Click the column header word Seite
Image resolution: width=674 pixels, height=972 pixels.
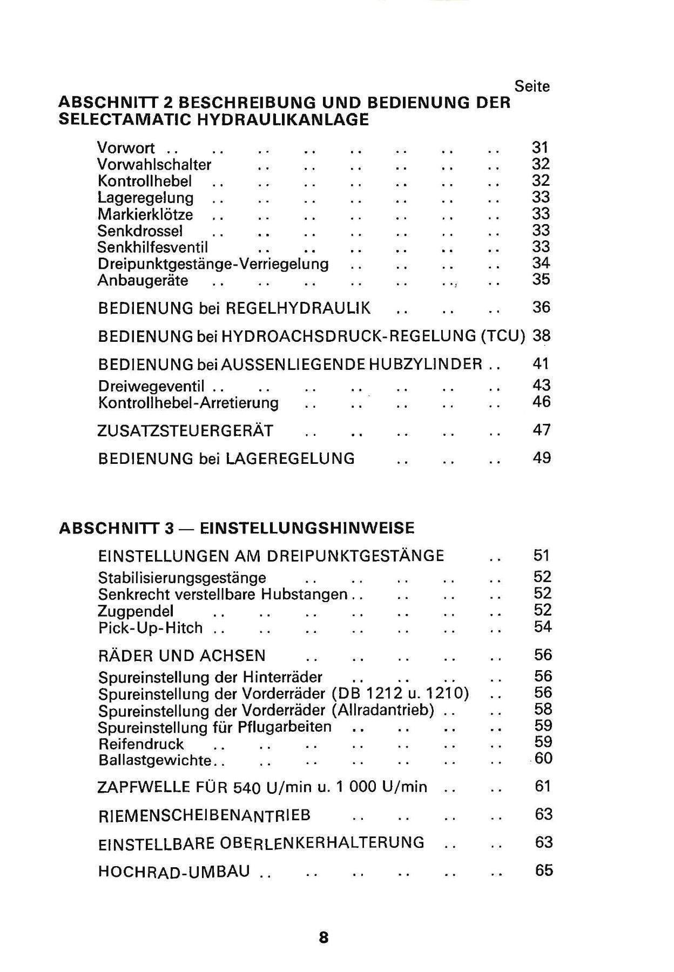tap(532, 86)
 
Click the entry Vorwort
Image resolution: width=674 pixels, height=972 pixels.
tap(126, 148)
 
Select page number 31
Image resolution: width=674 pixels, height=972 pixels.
tap(540, 147)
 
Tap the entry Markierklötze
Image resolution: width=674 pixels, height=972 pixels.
tap(145, 214)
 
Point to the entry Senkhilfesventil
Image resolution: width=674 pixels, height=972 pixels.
tap(152, 247)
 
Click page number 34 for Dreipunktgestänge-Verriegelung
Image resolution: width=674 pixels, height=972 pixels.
tap(541, 264)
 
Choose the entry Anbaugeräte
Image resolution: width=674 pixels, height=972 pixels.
tap(143, 281)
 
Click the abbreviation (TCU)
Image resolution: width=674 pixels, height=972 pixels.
tap(502, 336)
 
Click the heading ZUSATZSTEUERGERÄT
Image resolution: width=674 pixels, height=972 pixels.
tap(185, 431)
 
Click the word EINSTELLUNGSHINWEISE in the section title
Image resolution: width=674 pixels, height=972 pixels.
tap(307, 528)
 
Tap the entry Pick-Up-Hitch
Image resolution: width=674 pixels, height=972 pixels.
tap(150, 628)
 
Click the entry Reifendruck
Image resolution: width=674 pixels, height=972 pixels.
tap(141, 744)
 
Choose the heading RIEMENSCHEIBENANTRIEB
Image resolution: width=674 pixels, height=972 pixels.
tap(204, 815)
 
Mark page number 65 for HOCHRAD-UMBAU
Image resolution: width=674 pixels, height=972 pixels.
tap(544, 870)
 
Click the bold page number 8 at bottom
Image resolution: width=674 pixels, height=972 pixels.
tap(323, 937)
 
